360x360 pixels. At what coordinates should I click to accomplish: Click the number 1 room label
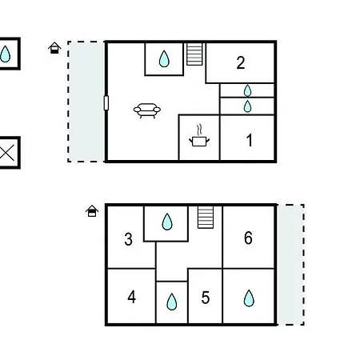(x=250, y=140)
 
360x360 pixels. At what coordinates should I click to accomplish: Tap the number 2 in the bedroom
(x=241, y=63)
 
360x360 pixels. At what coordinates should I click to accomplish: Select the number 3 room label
(x=129, y=239)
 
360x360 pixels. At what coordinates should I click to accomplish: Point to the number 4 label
(x=132, y=297)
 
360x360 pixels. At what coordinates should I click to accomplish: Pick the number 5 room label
(x=206, y=298)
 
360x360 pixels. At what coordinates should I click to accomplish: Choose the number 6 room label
(x=248, y=238)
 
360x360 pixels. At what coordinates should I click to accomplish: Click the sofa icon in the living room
(x=147, y=110)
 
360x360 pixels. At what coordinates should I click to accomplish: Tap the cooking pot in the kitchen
(x=199, y=141)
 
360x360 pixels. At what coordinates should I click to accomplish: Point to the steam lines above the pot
(x=199, y=130)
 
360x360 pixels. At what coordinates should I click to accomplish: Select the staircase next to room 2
(x=194, y=54)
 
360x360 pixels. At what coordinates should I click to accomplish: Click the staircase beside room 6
(x=206, y=217)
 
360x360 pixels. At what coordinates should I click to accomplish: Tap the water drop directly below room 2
(x=247, y=90)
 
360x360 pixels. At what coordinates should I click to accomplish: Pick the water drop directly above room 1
(x=247, y=106)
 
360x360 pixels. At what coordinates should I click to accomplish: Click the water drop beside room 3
(x=167, y=222)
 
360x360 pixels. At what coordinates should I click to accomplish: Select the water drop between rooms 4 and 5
(x=172, y=302)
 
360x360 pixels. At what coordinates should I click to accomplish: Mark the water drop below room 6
(x=249, y=298)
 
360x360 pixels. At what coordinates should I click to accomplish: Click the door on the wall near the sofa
(x=106, y=103)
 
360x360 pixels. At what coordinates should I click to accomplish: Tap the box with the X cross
(x=10, y=153)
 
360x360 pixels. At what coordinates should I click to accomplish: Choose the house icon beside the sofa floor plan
(x=54, y=48)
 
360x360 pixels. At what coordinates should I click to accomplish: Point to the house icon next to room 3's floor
(x=92, y=211)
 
